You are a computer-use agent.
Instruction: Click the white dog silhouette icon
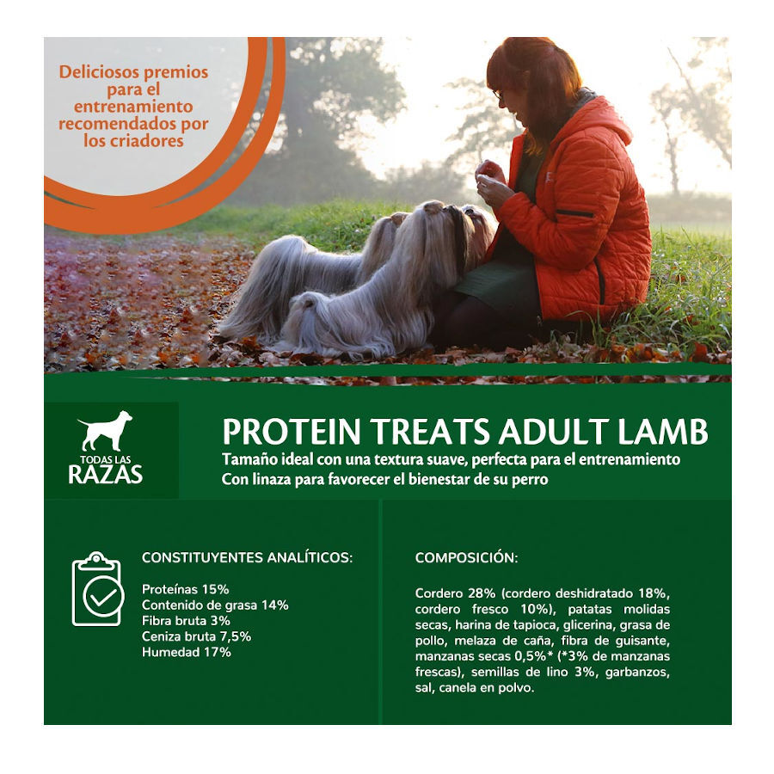click(106, 431)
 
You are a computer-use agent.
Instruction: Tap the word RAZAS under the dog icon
click(106, 473)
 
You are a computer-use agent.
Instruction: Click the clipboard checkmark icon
click(96, 589)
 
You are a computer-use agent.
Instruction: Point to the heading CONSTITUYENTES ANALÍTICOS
click(247, 557)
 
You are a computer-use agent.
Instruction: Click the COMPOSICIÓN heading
click(466, 557)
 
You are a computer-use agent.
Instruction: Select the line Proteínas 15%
click(185, 589)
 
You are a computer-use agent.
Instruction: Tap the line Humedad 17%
click(186, 652)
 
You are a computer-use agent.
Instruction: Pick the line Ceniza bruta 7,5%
click(197, 636)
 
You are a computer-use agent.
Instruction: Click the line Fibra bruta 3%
click(186, 621)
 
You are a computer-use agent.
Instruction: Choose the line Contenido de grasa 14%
click(214, 605)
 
